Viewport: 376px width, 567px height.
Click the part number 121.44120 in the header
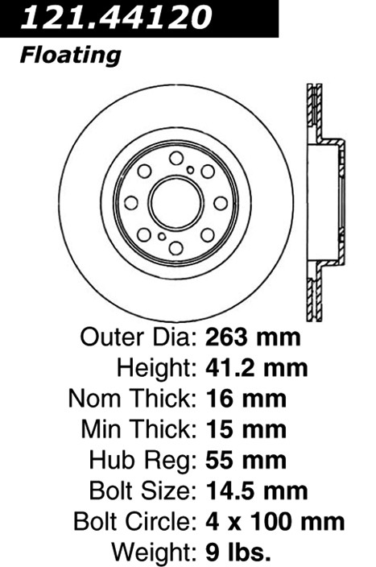click(116, 17)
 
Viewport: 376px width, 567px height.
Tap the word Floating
click(70, 56)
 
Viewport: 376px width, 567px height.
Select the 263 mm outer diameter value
click(253, 337)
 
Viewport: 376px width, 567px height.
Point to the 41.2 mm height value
click(257, 368)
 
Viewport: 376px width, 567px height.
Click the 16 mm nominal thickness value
click(246, 399)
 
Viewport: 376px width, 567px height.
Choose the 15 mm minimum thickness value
click(246, 429)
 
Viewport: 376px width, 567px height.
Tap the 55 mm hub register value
click(246, 460)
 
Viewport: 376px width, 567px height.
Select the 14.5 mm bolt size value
click(257, 490)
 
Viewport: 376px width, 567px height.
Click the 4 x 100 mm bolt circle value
click(275, 522)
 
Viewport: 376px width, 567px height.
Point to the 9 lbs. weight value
click(238, 553)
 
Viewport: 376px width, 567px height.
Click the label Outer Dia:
click(138, 337)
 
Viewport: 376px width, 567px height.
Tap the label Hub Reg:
click(143, 461)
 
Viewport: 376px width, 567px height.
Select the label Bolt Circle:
click(134, 522)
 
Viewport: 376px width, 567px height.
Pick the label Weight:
click(154, 553)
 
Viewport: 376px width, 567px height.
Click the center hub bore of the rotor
click(176, 203)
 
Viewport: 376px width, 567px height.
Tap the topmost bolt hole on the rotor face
click(176, 158)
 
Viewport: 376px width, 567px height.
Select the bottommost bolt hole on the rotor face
click(176, 248)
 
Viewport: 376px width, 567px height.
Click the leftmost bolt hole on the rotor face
click(131, 203)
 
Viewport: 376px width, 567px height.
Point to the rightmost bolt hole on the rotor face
click(221, 203)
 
